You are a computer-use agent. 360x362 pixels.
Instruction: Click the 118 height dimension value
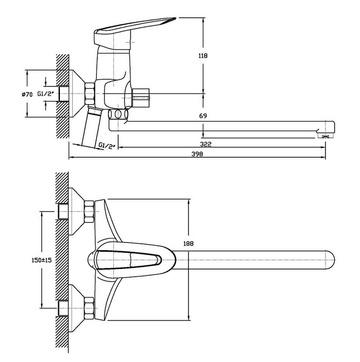tap(203, 56)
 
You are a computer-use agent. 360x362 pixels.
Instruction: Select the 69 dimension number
tap(203, 116)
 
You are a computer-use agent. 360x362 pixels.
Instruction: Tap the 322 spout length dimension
tap(206, 144)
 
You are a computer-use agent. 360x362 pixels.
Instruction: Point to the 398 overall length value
tap(197, 154)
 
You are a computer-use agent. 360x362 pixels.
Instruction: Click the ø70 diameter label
tap(27, 94)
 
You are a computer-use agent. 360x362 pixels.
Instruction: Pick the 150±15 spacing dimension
tap(42, 260)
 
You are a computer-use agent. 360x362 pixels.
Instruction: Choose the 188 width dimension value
tap(188, 243)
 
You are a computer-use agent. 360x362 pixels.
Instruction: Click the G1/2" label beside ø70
tap(46, 93)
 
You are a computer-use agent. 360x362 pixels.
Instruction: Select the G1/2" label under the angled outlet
tap(107, 146)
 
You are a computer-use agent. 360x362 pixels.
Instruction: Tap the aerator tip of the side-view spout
tap(325, 136)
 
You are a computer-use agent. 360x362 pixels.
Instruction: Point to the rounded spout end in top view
tap(330, 260)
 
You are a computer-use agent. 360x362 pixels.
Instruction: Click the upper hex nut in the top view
tap(89, 212)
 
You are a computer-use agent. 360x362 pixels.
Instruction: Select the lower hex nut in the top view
tap(89, 309)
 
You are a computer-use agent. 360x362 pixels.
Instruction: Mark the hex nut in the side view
tap(90, 93)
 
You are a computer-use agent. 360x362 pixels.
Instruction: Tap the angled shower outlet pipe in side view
tap(92, 127)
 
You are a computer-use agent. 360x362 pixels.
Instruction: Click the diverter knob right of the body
tap(141, 98)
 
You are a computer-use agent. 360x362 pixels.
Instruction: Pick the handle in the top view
tap(128, 260)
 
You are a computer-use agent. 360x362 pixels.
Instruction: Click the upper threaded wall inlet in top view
tap(63, 212)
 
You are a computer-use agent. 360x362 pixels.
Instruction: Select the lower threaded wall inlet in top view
tap(63, 309)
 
